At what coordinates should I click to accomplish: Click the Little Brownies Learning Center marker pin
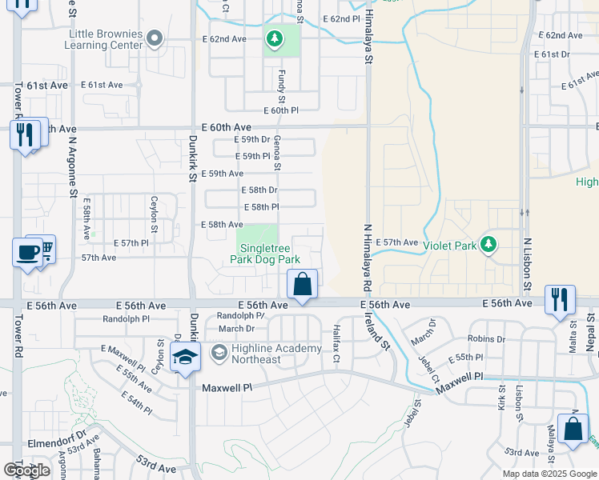pos(156,37)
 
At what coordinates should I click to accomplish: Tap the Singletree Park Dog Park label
pos(265,254)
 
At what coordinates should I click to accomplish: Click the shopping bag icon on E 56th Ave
pos(303,285)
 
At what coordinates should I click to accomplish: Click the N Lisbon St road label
pos(527,264)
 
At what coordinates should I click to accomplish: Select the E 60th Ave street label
pos(227,127)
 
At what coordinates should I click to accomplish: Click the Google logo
pos(26,470)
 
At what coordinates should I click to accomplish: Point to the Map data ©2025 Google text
pos(549,474)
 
